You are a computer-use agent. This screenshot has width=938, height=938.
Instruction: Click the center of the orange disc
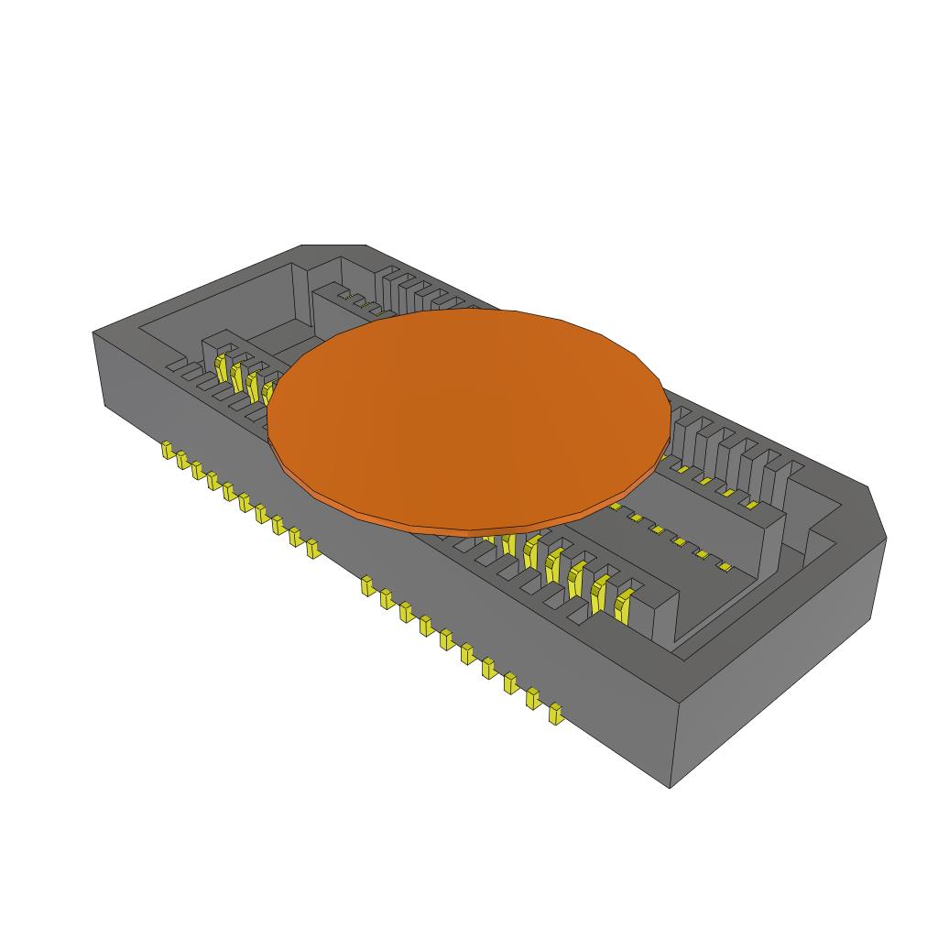(x=469, y=417)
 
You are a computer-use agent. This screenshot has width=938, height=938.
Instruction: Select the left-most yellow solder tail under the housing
(x=168, y=450)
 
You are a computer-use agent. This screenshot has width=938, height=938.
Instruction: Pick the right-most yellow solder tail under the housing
(x=554, y=713)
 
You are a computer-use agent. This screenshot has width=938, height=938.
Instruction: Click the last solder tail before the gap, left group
(x=312, y=548)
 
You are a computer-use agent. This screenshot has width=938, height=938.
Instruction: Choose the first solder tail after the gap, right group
(x=367, y=584)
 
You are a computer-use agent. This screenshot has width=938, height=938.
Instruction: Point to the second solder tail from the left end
(x=181, y=459)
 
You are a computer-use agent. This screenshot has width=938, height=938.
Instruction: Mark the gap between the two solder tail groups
(x=340, y=566)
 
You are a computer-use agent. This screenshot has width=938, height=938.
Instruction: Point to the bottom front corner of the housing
(x=671, y=786)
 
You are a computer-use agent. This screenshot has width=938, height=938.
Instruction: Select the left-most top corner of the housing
(x=94, y=333)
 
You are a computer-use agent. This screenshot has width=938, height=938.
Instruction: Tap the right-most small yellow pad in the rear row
(x=751, y=504)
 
